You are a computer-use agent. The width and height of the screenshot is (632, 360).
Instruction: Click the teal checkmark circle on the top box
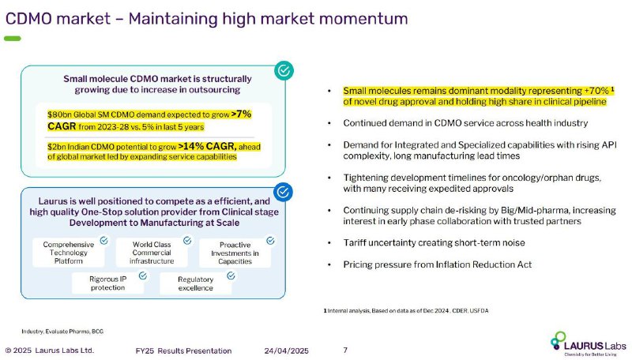click(284, 70)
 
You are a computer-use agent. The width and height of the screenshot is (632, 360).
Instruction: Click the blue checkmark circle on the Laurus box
click(283, 192)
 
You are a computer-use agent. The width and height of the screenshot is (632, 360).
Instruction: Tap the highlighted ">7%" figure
click(242, 114)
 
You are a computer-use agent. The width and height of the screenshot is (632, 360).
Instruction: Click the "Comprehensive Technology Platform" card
click(69, 253)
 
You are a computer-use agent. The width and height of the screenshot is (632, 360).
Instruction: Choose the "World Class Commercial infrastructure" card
click(152, 253)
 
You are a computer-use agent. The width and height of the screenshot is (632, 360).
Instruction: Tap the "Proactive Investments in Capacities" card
click(235, 253)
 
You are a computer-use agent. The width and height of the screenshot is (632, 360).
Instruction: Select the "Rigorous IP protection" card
click(107, 283)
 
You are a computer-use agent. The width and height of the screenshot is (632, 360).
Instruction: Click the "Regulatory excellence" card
click(195, 283)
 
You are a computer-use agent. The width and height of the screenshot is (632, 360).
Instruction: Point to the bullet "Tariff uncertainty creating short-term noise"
click(434, 242)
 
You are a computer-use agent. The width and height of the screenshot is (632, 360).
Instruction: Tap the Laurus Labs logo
click(588, 343)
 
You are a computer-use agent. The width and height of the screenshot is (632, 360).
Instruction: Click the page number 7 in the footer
click(345, 350)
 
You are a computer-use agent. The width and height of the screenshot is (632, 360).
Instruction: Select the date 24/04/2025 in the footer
click(287, 351)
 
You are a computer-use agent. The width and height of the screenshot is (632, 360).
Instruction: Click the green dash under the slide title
click(13, 39)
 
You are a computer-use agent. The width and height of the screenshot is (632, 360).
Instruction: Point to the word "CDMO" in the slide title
click(29, 18)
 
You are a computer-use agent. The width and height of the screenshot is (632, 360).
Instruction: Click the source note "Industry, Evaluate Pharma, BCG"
click(62, 332)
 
